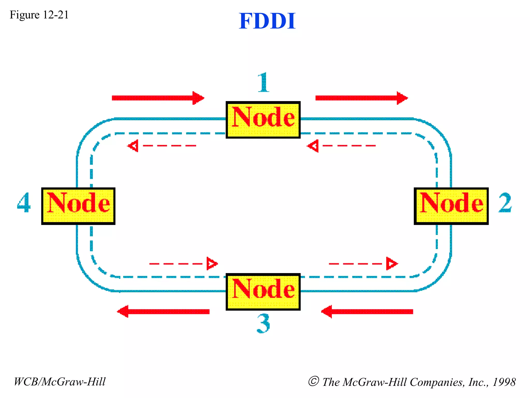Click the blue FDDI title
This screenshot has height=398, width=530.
point(267,21)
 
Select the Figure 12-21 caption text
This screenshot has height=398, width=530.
point(39,15)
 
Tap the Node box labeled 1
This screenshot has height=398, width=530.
point(263,119)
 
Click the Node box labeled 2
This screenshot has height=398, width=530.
point(451,206)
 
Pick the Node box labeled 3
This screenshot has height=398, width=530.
point(263,292)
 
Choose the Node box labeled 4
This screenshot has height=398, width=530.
point(78,206)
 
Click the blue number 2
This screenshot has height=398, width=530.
point(505,203)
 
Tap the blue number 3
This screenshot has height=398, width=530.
point(263,324)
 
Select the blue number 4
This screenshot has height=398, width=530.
point(24,203)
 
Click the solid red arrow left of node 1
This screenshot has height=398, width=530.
point(158,98)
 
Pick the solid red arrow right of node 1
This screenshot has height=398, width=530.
point(362,98)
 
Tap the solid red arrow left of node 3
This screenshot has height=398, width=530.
point(163,311)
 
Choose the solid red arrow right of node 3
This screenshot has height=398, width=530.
point(367,311)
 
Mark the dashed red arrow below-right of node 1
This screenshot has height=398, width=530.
point(341,146)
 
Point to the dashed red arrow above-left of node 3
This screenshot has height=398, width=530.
point(183,264)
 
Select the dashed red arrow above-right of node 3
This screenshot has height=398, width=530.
point(363,264)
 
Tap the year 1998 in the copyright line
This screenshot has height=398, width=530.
point(504,382)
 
